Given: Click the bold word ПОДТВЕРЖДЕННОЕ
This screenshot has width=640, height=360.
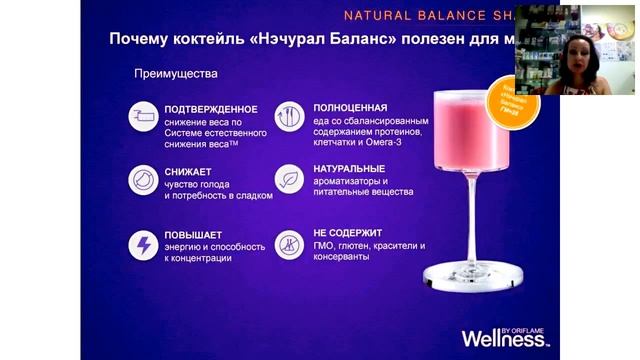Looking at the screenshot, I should coord(211,109).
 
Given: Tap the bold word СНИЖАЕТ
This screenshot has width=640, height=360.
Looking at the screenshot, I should coord(188,172).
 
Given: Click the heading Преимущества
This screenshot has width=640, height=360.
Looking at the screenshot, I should coord(176,74).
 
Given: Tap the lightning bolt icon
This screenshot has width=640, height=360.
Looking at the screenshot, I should coord(143,244).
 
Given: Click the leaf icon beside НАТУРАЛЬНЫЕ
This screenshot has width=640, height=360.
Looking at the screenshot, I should coord(290,180).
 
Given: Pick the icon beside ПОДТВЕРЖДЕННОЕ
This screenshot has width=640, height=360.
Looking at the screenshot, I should coord(143,118).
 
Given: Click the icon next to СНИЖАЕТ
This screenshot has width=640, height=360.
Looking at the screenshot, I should coord(143,181).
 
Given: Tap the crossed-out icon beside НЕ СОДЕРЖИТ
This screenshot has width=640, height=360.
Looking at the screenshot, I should coord(290,244).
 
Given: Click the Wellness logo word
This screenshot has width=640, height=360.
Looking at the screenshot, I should coord(500,336).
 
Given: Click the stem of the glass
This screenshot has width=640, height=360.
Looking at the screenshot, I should coord(469,220).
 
